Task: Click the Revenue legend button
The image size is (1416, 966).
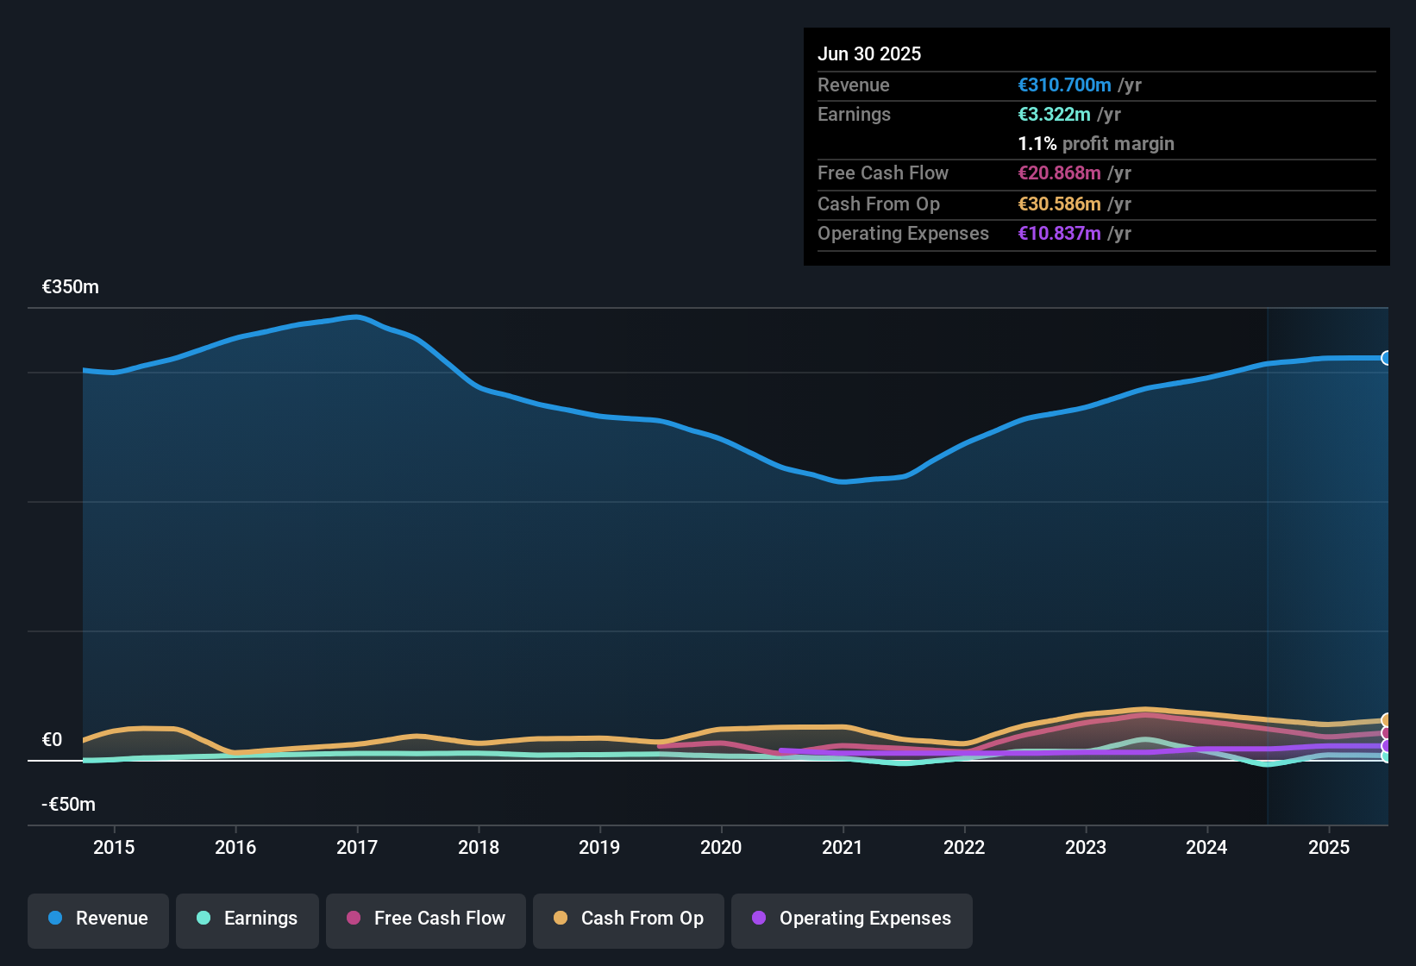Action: (98, 919)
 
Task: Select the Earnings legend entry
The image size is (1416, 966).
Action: (247, 919)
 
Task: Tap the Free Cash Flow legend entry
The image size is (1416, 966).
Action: (426, 919)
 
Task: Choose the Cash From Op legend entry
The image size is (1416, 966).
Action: (629, 919)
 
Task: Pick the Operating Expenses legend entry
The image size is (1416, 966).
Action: (852, 919)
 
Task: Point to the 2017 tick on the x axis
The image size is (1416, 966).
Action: (357, 847)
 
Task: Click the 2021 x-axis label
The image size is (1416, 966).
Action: (843, 847)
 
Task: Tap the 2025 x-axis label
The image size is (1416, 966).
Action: (1329, 847)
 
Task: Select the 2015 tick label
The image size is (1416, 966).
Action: (114, 847)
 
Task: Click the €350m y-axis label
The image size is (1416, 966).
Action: (71, 287)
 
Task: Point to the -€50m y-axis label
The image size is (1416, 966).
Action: (69, 805)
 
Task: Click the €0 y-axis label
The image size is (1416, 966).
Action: (53, 740)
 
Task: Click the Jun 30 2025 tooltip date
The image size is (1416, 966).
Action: (869, 53)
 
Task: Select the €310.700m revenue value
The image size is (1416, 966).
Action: (1064, 85)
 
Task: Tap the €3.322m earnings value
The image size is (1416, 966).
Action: (1054, 114)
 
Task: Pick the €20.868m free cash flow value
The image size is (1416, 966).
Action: (1059, 172)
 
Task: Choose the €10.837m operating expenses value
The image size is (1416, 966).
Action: (1059, 233)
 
